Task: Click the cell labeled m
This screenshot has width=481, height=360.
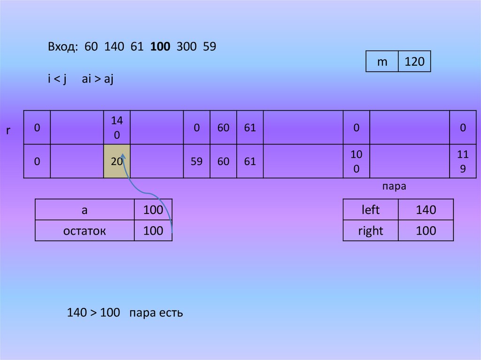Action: pyautogui.click(x=382, y=61)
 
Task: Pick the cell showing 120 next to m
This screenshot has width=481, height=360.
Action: pyautogui.click(x=414, y=61)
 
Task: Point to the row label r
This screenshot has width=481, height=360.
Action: pyautogui.click(x=8, y=130)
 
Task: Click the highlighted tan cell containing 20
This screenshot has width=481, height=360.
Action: pyautogui.click(x=117, y=161)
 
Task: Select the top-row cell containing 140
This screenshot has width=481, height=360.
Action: pyautogui.click(x=117, y=128)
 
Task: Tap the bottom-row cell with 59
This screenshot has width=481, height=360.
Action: pyautogui.click(x=196, y=161)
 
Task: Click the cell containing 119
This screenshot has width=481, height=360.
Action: pyautogui.click(x=463, y=161)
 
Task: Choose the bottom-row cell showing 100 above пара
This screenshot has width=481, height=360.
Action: pyautogui.click(x=356, y=161)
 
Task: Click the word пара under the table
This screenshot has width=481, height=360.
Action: pyautogui.click(x=394, y=186)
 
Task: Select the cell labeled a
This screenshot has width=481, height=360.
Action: pyautogui.click(x=85, y=210)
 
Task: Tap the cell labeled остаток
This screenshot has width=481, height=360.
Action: pyautogui.click(x=85, y=230)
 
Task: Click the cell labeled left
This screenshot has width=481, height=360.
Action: pyautogui.click(x=370, y=210)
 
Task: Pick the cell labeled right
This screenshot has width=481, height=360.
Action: pyautogui.click(x=370, y=230)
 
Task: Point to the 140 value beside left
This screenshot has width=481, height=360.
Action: pyautogui.click(x=426, y=210)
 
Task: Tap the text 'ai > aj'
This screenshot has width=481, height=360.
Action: pyautogui.click(x=98, y=79)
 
